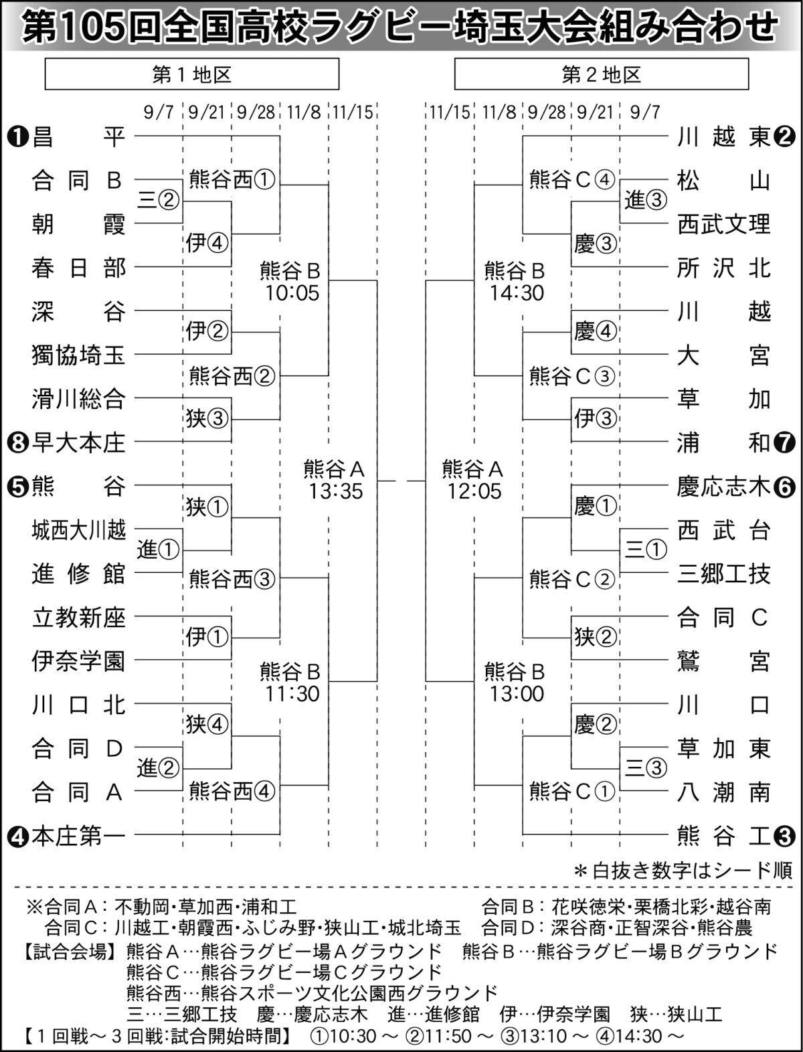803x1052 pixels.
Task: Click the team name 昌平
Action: coord(78,137)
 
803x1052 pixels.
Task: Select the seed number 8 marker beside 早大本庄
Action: coord(17,442)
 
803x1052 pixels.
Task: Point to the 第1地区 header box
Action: coord(192,74)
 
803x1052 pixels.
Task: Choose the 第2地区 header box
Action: coord(602,74)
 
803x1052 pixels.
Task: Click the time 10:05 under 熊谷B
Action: coord(292,293)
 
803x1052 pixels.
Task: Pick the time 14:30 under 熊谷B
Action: coord(517,293)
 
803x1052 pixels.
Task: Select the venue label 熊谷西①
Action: coord(232,180)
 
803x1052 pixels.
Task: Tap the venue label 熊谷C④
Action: coord(571,180)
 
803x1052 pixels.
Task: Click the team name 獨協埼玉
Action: coord(78,355)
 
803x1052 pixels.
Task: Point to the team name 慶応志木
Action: coord(723,487)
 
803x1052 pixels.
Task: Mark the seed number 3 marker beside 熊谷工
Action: coord(784,837)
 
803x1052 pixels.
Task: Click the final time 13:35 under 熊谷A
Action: coord(336,491)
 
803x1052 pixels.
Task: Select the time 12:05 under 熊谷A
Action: coord(474,491)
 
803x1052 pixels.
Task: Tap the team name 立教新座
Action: coord(78,617)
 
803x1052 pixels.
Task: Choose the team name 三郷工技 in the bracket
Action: coord(723,574)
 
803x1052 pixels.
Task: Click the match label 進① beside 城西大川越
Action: coord(158,549)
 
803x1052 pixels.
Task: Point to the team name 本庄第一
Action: coord(78,837)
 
